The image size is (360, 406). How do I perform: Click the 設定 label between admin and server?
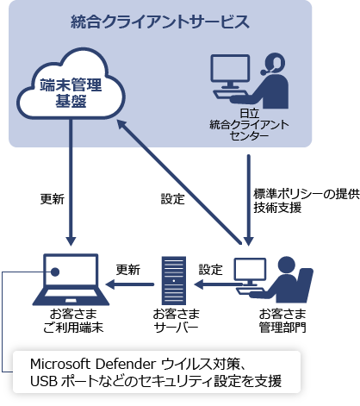pos(210,268)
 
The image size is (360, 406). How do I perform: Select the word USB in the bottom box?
pos(43,380)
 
